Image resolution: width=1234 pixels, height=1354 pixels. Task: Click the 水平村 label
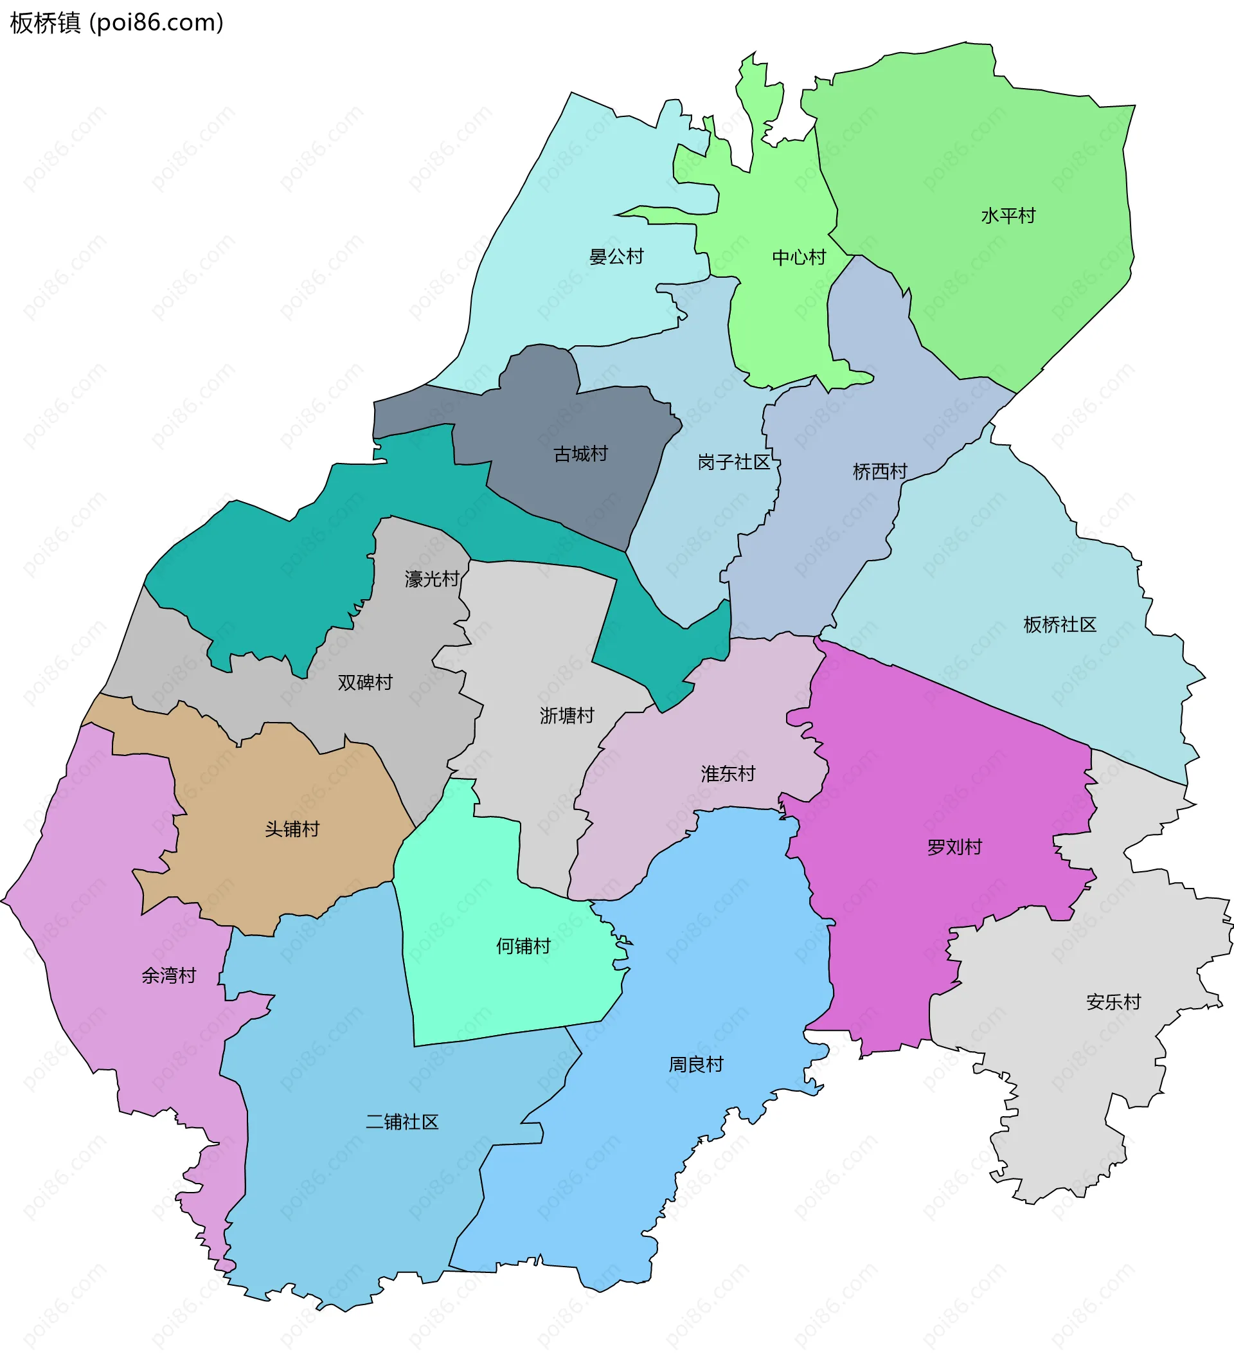1008,215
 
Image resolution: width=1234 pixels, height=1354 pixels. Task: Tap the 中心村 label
798,257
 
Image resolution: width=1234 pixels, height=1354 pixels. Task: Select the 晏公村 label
616,256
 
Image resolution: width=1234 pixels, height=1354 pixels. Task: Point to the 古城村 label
580,454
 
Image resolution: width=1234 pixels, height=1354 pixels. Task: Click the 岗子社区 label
733,462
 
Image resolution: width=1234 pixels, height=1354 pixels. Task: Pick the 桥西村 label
879,471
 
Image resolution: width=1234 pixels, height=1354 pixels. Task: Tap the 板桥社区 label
1059,625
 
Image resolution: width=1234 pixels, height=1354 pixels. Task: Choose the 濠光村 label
432,578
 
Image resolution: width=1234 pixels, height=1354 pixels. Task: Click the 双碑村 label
364,682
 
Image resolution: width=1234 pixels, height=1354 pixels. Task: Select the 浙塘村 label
567,716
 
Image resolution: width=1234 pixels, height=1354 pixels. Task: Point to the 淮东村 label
728,773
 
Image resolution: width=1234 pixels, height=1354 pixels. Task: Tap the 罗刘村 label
954,847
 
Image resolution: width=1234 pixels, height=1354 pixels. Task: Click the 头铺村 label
292,829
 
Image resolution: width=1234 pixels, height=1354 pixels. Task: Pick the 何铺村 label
523,946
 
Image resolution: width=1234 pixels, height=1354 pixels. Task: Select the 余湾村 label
168,975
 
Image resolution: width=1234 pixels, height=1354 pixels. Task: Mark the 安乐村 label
1113,1002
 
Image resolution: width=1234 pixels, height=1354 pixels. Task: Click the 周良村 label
695,1065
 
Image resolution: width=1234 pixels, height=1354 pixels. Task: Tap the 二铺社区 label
402,1122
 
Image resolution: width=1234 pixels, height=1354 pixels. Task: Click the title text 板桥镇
45,23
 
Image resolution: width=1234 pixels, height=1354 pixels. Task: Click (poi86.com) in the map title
156,23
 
